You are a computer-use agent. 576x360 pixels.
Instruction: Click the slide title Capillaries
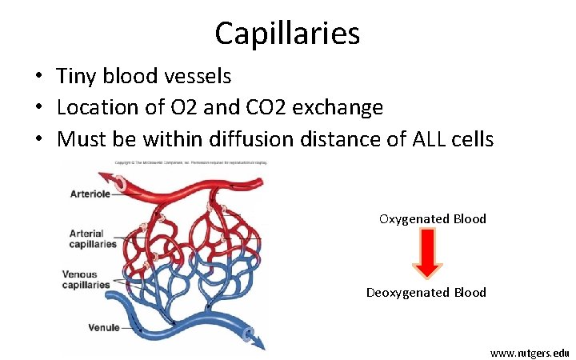287,33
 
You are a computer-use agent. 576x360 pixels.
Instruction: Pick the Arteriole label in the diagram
89,193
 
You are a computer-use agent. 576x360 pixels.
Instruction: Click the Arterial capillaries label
92,238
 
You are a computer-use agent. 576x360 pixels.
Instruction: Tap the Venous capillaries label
86,279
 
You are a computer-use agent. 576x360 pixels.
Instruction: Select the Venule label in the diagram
104,327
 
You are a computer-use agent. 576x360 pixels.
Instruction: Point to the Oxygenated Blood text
432,218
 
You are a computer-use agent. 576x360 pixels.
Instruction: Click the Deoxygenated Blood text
426,292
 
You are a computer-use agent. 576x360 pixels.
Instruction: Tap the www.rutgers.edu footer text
530,352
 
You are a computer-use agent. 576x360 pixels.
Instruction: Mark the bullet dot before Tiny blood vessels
38,78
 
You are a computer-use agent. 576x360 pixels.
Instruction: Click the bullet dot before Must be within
38,140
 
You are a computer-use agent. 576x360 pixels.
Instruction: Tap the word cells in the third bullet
473,139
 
